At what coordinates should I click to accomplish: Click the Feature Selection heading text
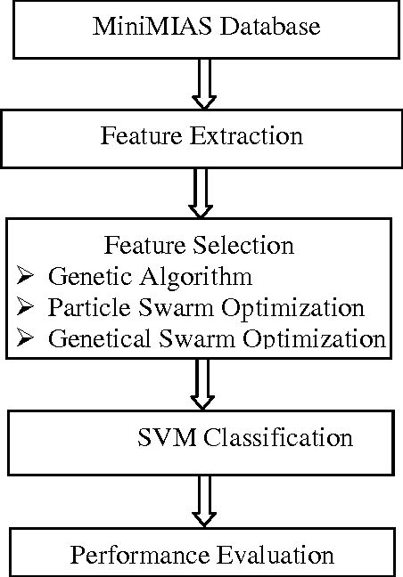pos(200,245)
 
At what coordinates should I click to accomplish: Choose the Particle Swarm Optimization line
pos(206,308)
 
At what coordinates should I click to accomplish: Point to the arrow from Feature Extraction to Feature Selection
pos(201,192)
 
